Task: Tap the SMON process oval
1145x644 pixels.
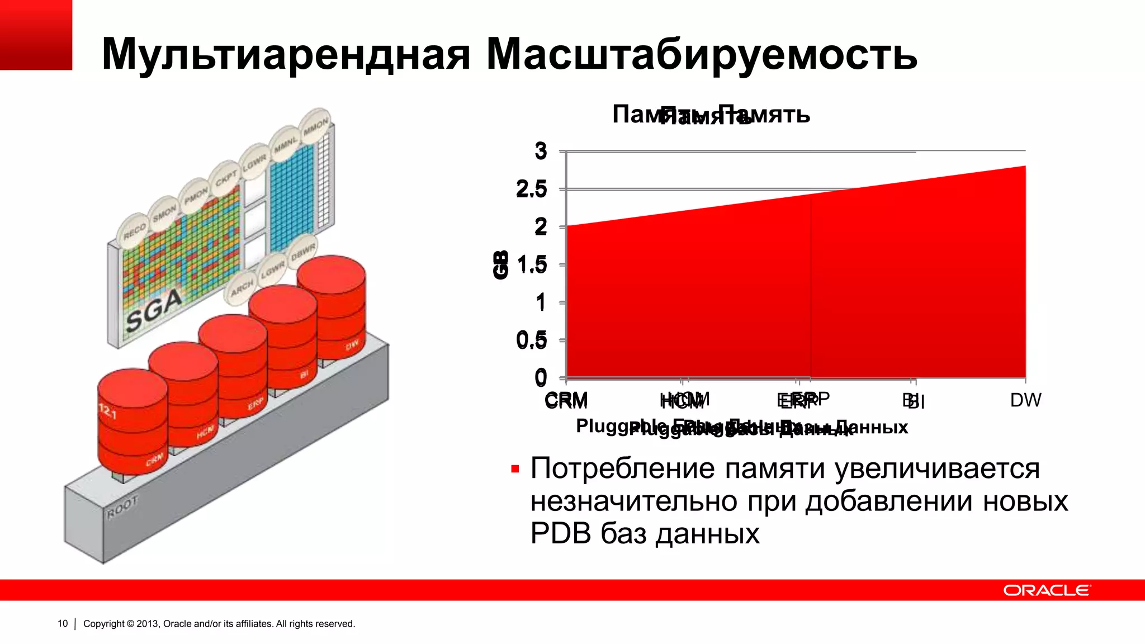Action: [164, 212]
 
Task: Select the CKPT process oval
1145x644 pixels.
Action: [226, 178]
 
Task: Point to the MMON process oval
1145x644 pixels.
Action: [315, 126]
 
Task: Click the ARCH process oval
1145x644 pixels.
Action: [242, 288]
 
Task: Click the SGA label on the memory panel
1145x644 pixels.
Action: [153, 311]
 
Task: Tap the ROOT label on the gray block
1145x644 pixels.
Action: [122, 508]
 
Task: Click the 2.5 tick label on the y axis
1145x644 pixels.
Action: [531, 190]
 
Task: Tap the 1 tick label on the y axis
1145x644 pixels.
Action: [540, 302]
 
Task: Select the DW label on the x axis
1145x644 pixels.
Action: [1025, 400]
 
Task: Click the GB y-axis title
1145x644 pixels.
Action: [500, 264]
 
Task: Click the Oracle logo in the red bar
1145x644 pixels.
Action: [1046, 590]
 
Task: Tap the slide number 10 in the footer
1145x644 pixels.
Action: [63, 623]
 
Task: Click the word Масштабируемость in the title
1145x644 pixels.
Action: [702, 54]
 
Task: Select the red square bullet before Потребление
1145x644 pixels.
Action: [515, 468]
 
